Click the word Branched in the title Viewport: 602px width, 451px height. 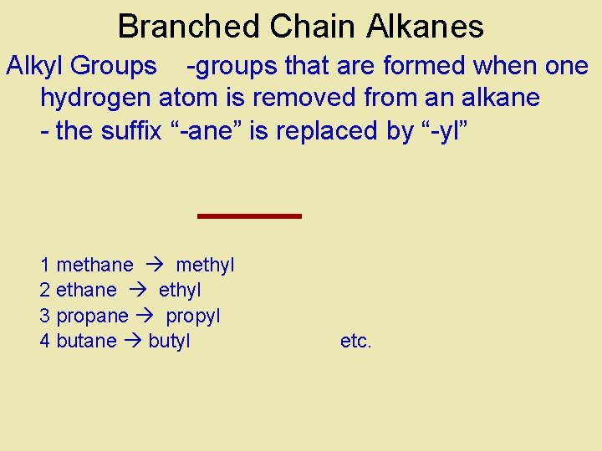click(x=189, y=27)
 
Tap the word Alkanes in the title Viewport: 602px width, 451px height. click(x=425, y=27)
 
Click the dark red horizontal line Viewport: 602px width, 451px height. click(x=249, y=216)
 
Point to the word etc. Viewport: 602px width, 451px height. click(x=356, y=341)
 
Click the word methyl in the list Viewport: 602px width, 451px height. click(x=205, y=266)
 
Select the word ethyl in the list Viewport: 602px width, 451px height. click(x=180, y=291)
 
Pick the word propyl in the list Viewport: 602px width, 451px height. click(x=193, y=317)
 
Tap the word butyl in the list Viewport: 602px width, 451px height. click(x=169, y=341)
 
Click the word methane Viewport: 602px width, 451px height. click(x=94, y=266)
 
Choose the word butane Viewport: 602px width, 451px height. click(x=86, y=341)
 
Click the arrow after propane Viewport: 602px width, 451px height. click(x=147, y=316)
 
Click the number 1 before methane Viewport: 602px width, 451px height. click(x=45, y=266)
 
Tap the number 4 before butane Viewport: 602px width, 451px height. click(x=45, y=341)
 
